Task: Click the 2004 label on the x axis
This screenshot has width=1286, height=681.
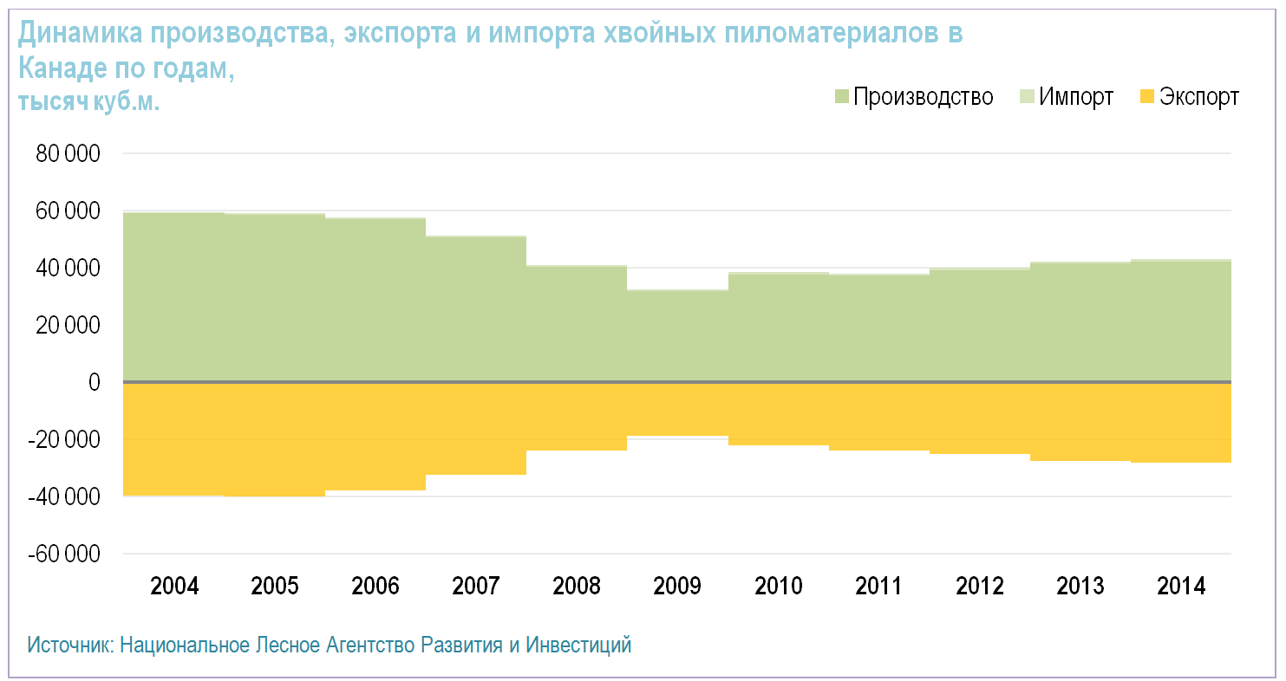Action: click(174, 587)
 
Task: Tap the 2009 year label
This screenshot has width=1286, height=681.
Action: click(677, 587)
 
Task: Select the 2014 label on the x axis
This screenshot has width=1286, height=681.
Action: click(1181, 587)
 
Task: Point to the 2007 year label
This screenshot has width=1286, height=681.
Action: click(476, 587)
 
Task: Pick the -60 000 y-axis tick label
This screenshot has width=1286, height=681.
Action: click(64, 555)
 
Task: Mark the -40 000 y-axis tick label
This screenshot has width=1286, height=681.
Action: click(64, 497)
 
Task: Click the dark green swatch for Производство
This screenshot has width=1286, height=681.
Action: click(840, 96)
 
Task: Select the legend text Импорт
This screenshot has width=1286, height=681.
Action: click(1075, 96)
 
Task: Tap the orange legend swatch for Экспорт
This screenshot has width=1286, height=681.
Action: click(1146, 96)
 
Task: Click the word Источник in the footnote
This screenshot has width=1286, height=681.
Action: click(69, 645)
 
